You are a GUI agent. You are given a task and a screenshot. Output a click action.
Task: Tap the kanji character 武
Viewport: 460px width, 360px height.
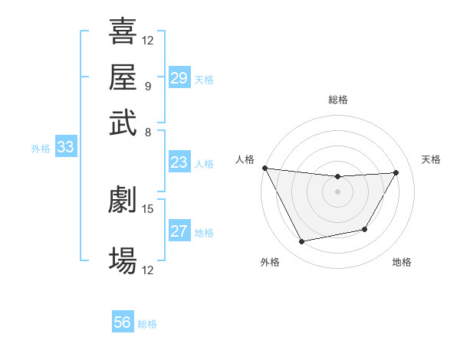(x=123, y=122)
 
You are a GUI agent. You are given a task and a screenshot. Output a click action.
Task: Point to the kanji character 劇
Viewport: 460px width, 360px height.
(x=123, y=200)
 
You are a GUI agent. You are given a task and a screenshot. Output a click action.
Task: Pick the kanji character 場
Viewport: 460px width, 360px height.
(x=123, y=260)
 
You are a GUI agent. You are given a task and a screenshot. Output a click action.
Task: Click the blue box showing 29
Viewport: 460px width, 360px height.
(x=179, y=78)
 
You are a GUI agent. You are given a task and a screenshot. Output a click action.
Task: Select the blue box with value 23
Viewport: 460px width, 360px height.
(x=179, y=162)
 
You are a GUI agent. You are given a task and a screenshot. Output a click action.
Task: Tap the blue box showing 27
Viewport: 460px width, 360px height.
(x=179, y=231)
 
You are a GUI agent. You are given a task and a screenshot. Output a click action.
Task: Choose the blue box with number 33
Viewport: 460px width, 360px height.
(x=65, y=148)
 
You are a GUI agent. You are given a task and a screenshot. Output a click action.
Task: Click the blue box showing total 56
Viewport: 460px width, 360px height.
(x=122, y=322)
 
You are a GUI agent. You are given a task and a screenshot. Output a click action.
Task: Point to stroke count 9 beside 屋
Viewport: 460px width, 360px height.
(x=147, y=87)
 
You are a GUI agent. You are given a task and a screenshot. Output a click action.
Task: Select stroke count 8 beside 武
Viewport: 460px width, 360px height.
(x=147, y=132)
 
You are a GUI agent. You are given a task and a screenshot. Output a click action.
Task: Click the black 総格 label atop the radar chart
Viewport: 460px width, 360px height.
(x=338, y=100)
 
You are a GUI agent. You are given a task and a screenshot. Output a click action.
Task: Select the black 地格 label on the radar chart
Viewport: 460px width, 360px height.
(x=402, y=263)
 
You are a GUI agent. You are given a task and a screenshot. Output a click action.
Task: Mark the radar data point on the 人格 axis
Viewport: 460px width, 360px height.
(x=265, y=168)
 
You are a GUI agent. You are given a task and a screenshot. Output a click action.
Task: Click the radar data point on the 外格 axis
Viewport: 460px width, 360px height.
(x=302, y=242)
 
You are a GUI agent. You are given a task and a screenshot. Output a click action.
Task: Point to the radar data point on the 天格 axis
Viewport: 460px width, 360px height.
(x=396, y=172)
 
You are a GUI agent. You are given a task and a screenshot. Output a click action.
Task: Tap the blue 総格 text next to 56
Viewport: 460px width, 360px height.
(x=147, y=324)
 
